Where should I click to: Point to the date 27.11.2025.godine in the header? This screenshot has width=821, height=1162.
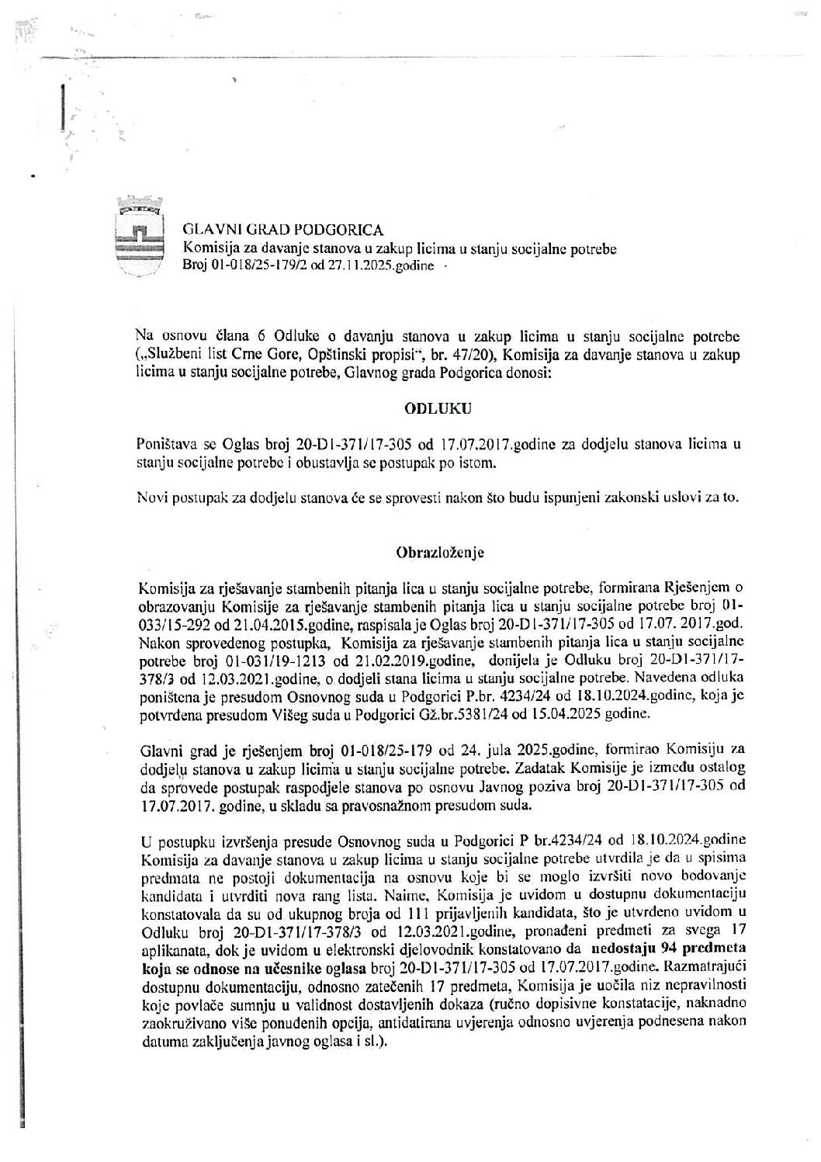click(x=389, y=265)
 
